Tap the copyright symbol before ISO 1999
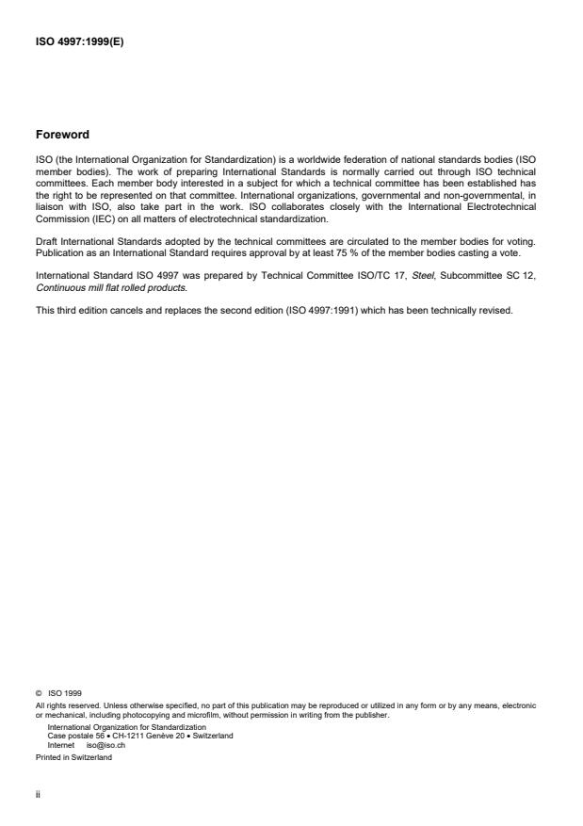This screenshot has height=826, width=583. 38,691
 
